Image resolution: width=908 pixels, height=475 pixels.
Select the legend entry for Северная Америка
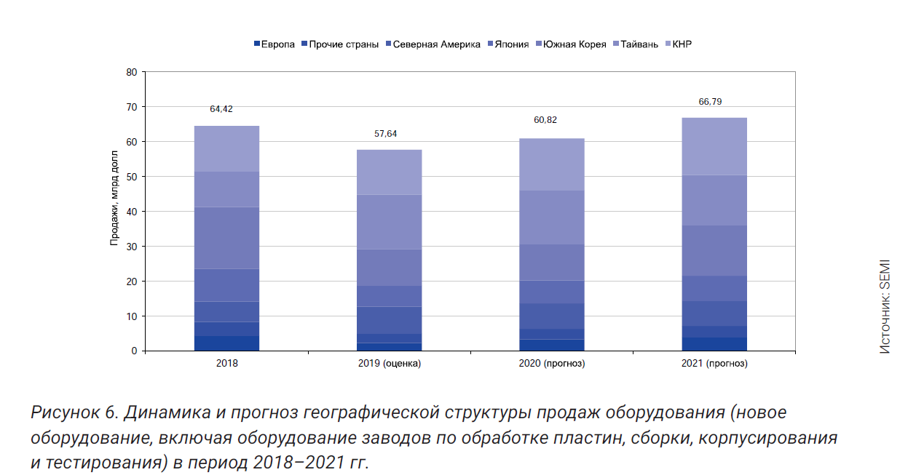[436, 44]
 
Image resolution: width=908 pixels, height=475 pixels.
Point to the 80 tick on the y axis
[131, 72]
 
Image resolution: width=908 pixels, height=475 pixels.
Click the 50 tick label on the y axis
[131, 177]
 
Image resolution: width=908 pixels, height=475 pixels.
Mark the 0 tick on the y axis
[134, 351]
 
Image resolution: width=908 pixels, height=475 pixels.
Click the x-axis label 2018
[227, 363]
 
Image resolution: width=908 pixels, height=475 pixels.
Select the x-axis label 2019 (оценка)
[389, 363]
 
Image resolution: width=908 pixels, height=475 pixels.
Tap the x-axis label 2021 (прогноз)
[714, 363]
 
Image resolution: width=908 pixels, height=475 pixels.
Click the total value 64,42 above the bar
[221, 109]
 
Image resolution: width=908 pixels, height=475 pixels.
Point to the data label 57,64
[385, 134]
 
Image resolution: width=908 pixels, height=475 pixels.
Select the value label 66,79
[711, 101]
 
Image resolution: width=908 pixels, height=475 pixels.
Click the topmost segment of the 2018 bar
[226, 148]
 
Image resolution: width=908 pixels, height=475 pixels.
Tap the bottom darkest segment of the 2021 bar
[714, 344]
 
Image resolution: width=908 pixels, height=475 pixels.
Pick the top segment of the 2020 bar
[552, 164]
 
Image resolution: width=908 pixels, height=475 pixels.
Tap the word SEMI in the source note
[884, 274]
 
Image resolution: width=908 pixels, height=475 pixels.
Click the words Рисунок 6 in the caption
[74, 412]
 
